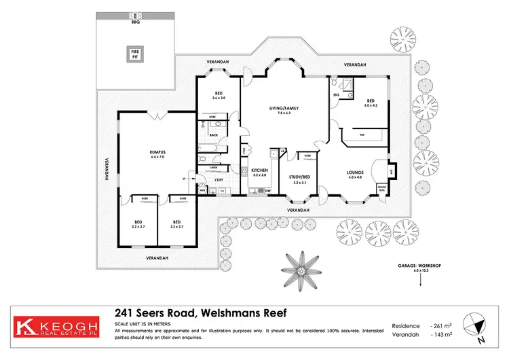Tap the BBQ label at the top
(134, 22)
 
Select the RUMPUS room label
(158, 153)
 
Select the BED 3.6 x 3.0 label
(219, 96)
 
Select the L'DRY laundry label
(219, 179)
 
